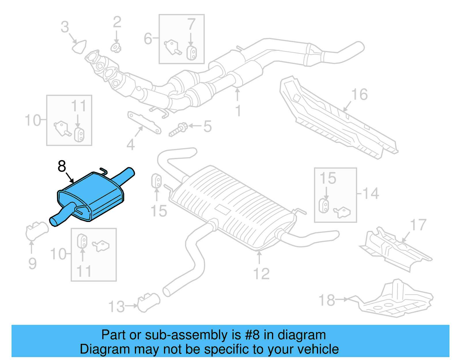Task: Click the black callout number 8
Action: click(x=62, y=166)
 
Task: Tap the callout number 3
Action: click(x=65, y=27)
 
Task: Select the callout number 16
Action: click(x=359, y=95)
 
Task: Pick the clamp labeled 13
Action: click(x=149, y=302)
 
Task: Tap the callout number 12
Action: click(x=261, y=274)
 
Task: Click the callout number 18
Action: click(x=327, y=300)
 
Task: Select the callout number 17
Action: click(x=418, y=225)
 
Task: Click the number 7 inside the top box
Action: click(x=191, y=24)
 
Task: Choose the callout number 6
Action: click(x=148, y=38)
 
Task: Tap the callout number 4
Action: click(x=131, y=145)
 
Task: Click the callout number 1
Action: click(x=238, y=111)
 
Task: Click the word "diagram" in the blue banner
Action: click(x=302, y=335)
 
